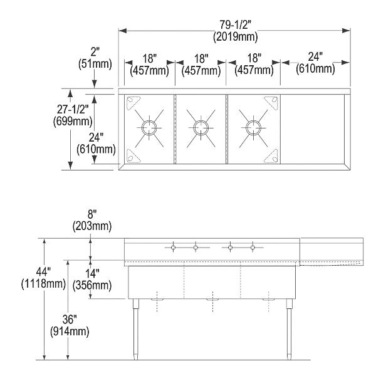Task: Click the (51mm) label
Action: coord(94,63)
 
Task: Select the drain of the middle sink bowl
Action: coord(201,128)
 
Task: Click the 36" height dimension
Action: coord(67,319)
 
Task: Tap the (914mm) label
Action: coord(67,331)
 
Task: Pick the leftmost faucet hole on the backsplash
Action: coord(174,248)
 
